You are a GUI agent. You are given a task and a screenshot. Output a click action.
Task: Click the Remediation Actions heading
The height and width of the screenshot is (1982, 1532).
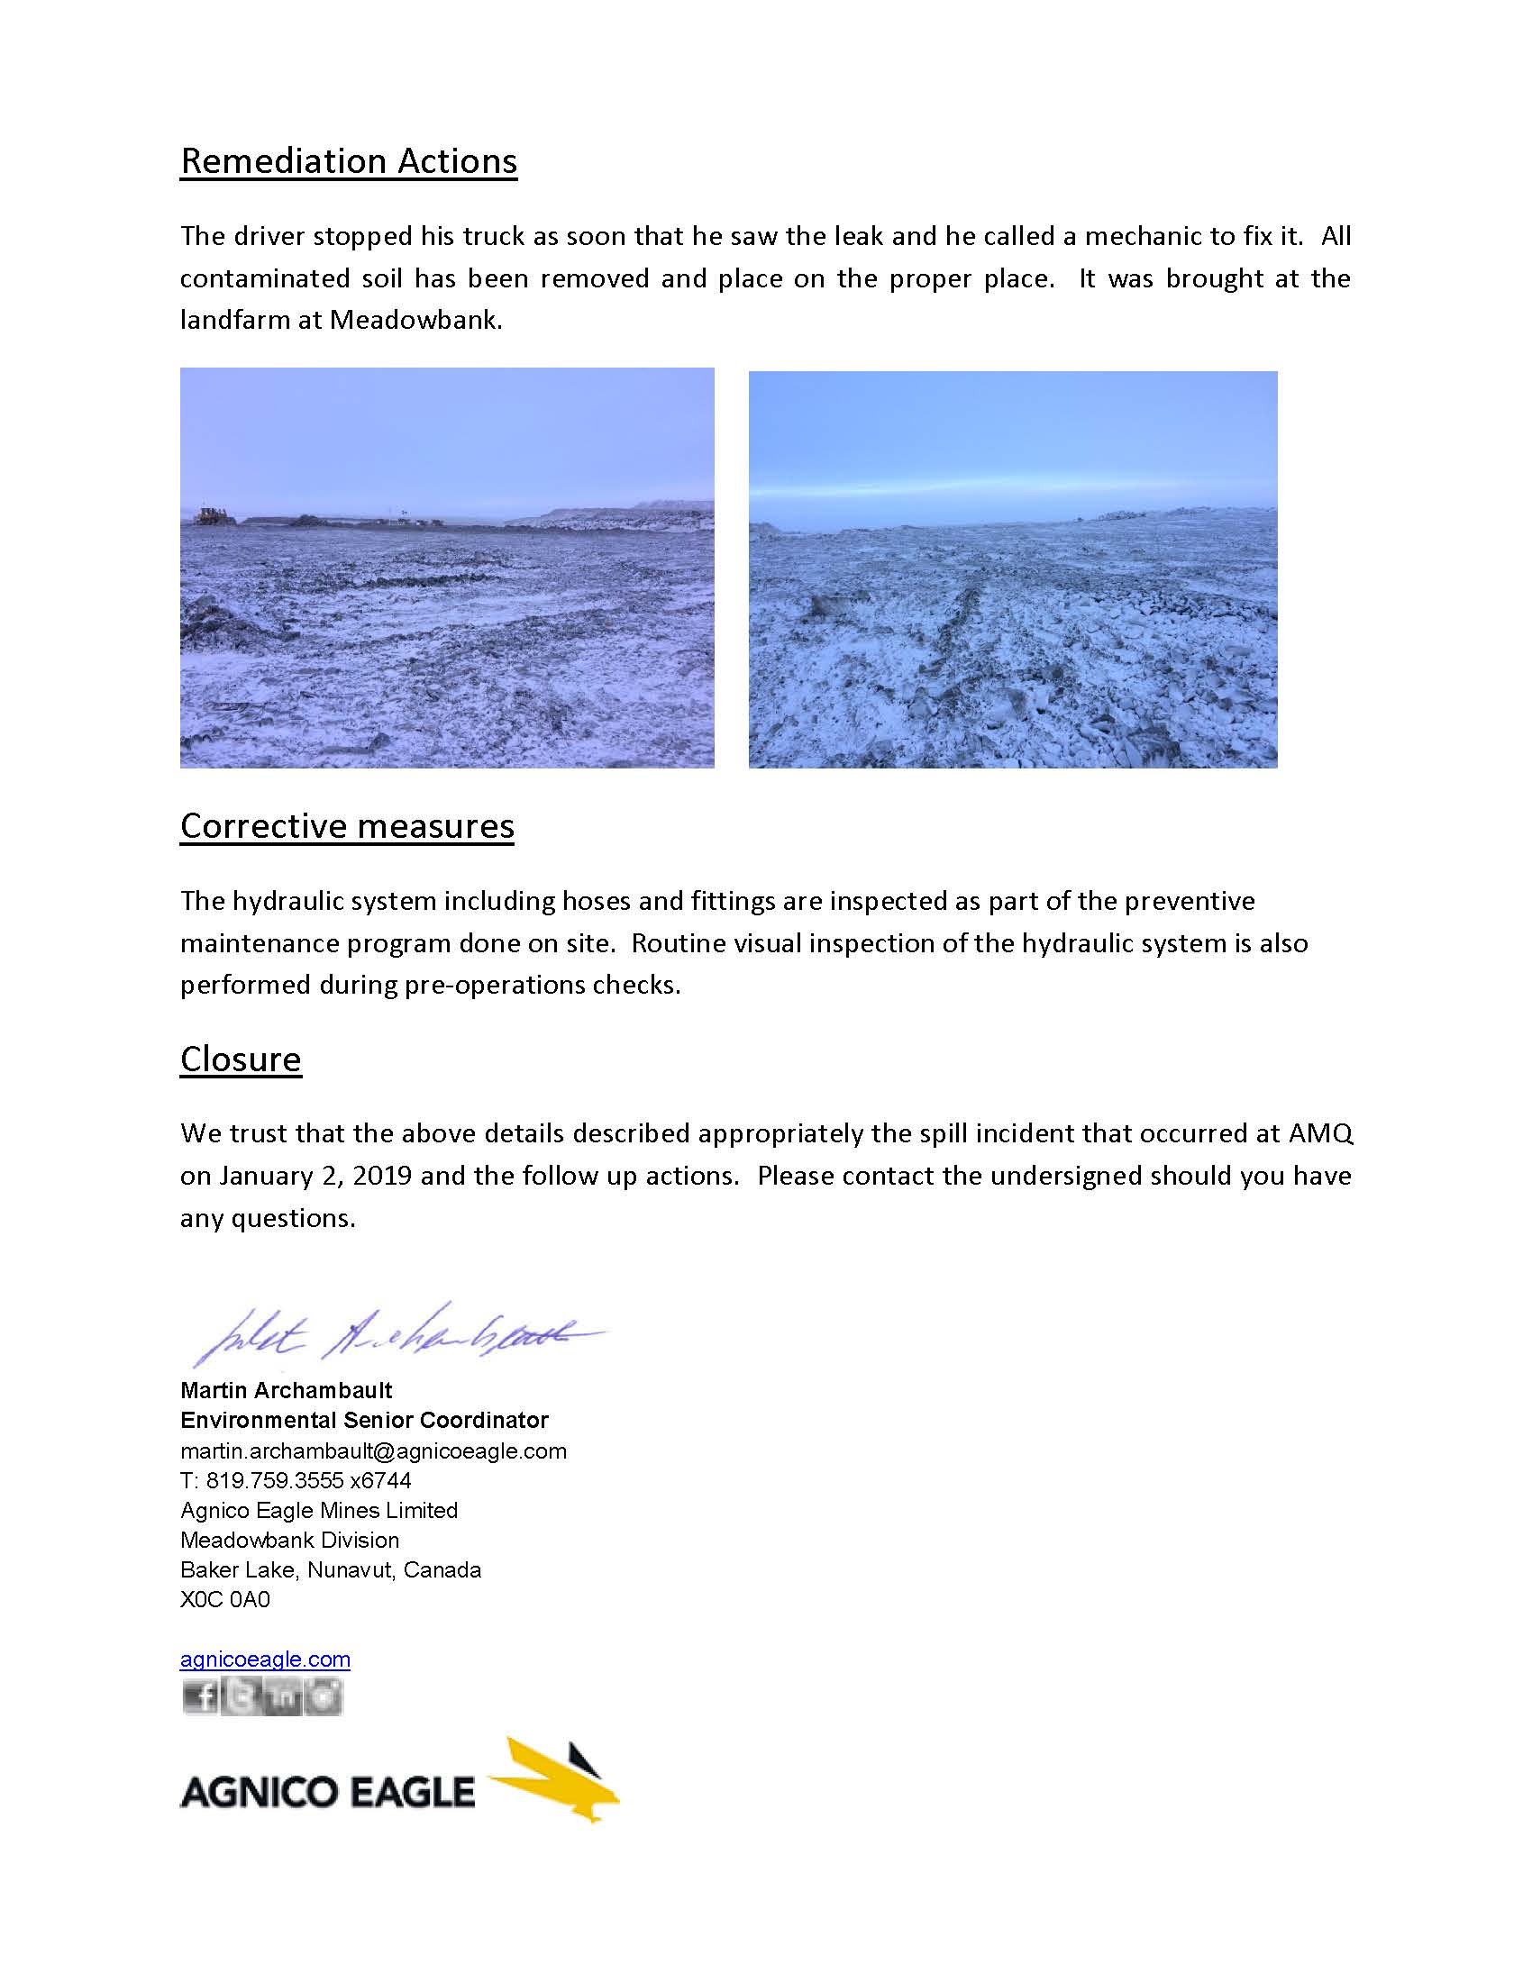point(349,160)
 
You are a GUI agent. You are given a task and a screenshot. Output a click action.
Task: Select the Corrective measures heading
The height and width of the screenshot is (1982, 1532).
point(347,826)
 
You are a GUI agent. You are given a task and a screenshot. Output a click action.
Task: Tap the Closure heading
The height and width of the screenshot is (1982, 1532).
point(241,1059)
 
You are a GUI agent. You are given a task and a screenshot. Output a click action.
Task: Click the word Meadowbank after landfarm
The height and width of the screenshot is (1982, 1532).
point(415,321)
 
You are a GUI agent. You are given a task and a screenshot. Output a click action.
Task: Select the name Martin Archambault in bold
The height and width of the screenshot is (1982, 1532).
point(286,1390)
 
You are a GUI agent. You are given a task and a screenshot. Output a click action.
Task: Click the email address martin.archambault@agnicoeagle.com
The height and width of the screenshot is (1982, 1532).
point(373,1450)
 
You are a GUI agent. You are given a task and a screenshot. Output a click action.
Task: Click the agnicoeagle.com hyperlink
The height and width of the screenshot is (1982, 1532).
point(265,1659)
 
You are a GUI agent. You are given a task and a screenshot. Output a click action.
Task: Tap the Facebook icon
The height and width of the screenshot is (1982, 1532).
point(199,1696)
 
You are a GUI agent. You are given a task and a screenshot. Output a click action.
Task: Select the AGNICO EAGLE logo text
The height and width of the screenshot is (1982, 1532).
point(327,1791)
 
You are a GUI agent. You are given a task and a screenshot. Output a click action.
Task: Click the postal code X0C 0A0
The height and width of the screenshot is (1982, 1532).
point(225,1599)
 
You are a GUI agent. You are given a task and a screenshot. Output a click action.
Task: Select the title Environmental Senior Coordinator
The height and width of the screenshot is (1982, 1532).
point(364,1420)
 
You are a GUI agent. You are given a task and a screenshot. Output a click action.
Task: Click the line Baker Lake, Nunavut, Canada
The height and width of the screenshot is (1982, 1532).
point(331,1569)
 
